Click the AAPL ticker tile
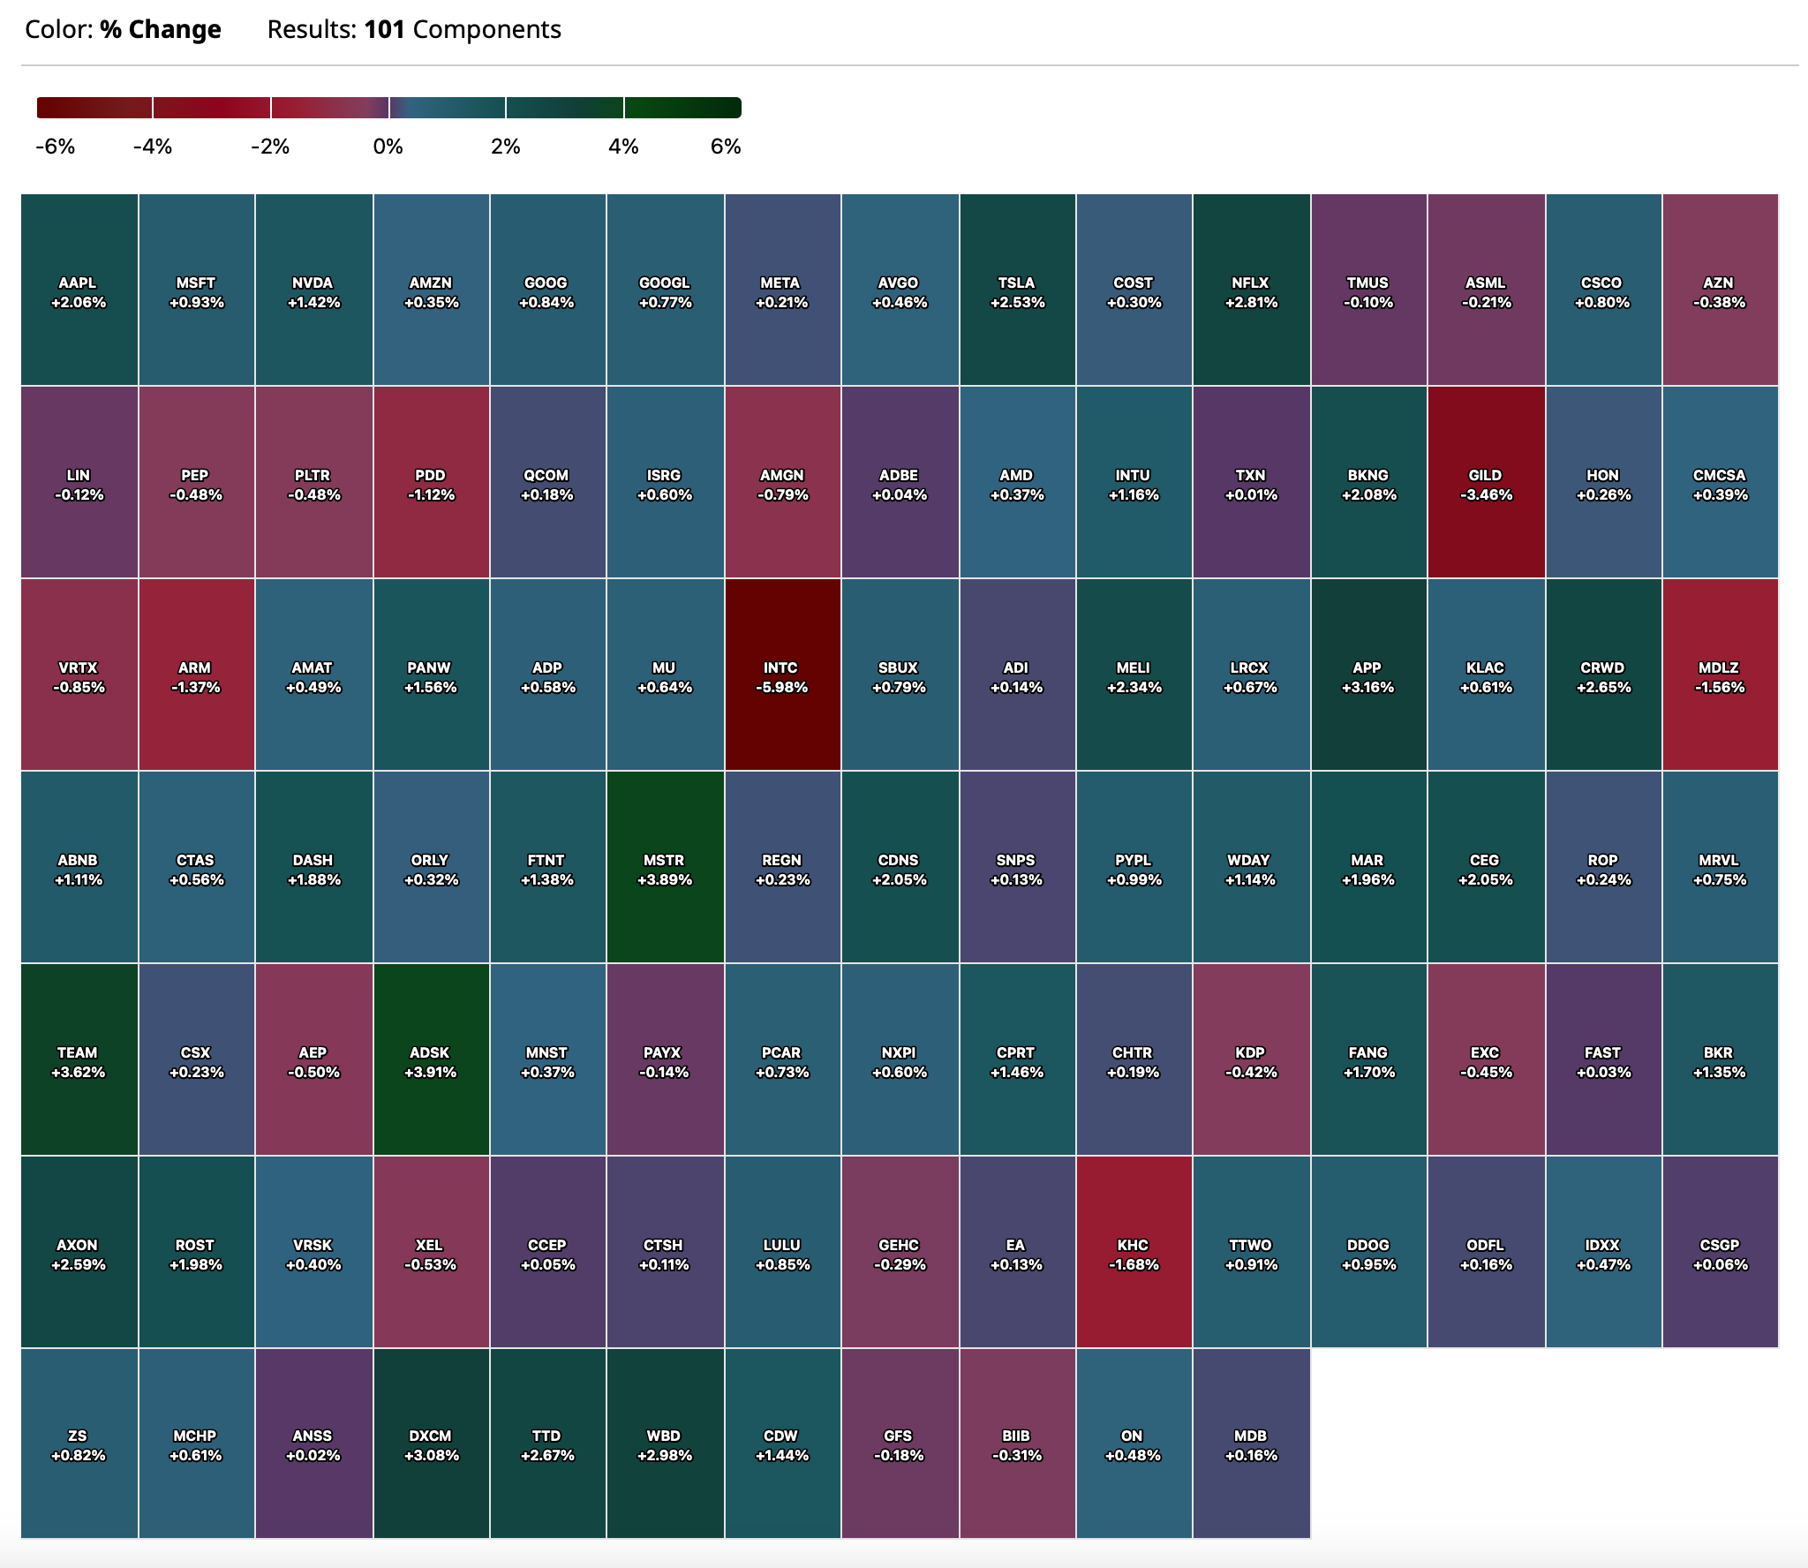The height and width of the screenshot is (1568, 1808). point(79,290)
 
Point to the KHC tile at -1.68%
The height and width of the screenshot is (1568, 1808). point(1134,1253)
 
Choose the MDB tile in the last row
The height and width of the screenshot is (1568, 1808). point(1251,1445)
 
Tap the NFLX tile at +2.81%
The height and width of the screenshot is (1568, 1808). point(1251,290)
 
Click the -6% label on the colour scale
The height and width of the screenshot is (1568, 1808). point(56,147)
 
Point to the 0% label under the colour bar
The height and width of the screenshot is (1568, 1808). point(388,147)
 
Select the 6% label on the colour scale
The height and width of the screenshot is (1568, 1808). point(725,147)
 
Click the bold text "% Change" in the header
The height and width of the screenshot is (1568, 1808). point(161,30)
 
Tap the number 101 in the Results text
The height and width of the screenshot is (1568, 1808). point(384,30)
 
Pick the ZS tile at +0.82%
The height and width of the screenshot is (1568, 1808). point(79,1445)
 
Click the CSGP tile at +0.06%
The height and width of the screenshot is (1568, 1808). point(1720,1253)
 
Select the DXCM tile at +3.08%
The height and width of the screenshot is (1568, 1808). point(431,1445)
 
